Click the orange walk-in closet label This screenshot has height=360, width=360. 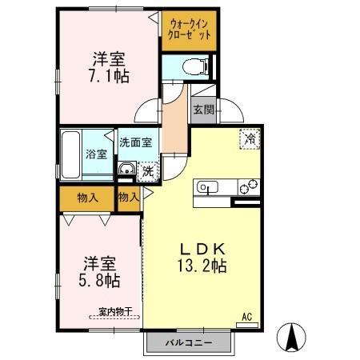tap(190, 30)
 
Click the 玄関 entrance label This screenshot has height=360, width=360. tap(203, 110)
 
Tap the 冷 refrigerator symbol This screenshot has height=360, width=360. tap(250, 139)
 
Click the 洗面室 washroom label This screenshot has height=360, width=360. tap(137, 142)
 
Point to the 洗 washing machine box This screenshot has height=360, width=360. tap(147, 170)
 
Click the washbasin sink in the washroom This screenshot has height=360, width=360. tap(126, 169)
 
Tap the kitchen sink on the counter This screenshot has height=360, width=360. tap(207, 188)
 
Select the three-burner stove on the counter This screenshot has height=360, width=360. tap(249, 188)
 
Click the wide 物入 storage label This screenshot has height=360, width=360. tap(87, 197)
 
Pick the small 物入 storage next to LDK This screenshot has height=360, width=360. tap(128, 197)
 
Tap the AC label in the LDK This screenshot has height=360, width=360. tap(247, 318)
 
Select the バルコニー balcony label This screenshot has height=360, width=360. tap(189, 342)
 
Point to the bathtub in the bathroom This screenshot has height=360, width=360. tap(70, 155)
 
